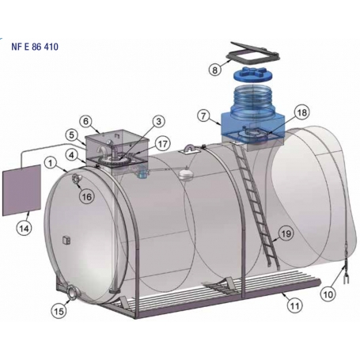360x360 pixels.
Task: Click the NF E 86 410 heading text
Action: click(x=35, y=47)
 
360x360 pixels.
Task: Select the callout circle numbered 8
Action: click(x=215, y=70)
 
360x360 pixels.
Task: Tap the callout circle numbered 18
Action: click(x=302, y=112)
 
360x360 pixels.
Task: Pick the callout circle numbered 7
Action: click(x=203, y=116)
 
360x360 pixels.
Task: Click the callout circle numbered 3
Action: click(x=158, y=122)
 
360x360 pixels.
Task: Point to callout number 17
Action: click(x=163, y=144)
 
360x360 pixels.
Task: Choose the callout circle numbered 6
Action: click(x=86, y=122)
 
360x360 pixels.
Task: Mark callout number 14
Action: click(x=24, y=228)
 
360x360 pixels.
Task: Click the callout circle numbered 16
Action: click(x=87, y=196)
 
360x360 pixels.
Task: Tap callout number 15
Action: click(x=59, y=311)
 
